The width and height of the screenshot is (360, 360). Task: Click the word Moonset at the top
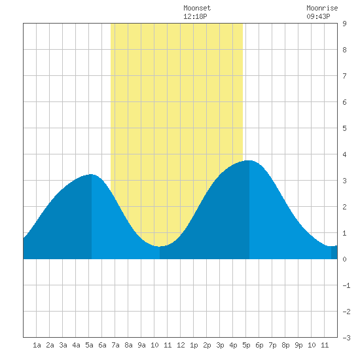pos(197,8)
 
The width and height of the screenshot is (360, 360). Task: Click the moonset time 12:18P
pos(195,16)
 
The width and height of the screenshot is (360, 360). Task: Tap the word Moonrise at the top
pos(322,8)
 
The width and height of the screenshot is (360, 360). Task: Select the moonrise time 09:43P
pos(318,16)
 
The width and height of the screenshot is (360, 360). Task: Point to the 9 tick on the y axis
pos(344,24)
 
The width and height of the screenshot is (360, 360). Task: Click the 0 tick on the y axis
pos(344,259)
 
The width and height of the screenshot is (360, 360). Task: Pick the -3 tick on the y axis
pos(346,338)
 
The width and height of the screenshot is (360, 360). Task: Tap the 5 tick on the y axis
pos(344,128)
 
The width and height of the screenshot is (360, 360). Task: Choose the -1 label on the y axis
pos(346,285)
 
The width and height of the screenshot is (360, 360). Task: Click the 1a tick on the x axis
pos(37,345)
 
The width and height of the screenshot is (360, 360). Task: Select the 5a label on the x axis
pos(89,345)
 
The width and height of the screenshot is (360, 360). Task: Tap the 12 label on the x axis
pos(181,345)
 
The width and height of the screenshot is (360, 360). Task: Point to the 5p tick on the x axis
pos(246,345)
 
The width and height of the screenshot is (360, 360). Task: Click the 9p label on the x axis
pos(298,345)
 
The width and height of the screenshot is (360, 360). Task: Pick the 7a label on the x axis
pos(115,345)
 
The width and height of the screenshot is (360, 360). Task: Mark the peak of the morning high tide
pos(92,174)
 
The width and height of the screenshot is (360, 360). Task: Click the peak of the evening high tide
pos(249,160)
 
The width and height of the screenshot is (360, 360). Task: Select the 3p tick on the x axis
pos(220,345)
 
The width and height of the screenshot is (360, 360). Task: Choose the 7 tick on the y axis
pos(344,76)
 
